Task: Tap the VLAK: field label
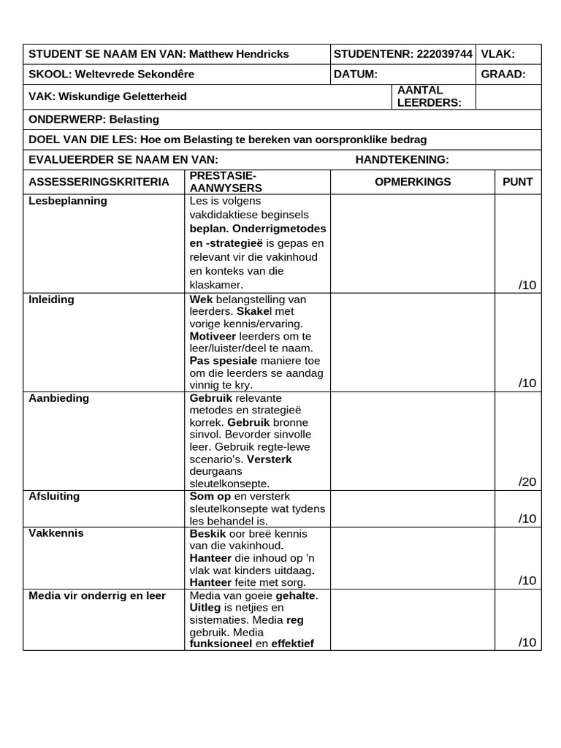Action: pyautogui.click(x=498, y=54)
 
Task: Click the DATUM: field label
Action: pyautogui.click(x=356, y=75)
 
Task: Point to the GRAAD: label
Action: pyautogui.click(x=503, y=75)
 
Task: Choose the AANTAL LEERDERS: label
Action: pyautogui.click(x=429, y=96)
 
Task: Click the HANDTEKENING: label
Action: pyautogui.click(x=402, y=160)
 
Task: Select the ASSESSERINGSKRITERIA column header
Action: pyautogui.click(x=99, y=182)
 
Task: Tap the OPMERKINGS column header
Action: pyautogui.click(x=413, y=182)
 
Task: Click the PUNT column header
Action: pyautogui.click(x=518, y=182)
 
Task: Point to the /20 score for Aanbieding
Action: pyautogui.click(x=527, y=481)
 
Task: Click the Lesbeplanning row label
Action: pyautogui.click(x=68, y=201)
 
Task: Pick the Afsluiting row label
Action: pyautogui.click(x=54, y=497)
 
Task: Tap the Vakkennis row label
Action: pyautogui.click(x=56, y=533)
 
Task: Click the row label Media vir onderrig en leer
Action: pyautogui.click(x=97, y=595)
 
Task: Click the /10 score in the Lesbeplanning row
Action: pyautogui.click(x=527, y=285)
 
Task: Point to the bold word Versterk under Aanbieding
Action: pyautogui.click(x=270, y=459)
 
